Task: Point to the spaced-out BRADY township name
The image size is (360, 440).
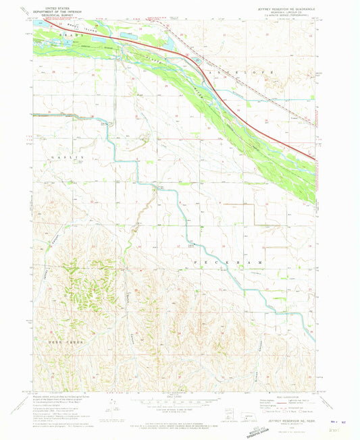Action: point(59,32)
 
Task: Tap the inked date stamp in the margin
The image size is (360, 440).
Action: point(344,422)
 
